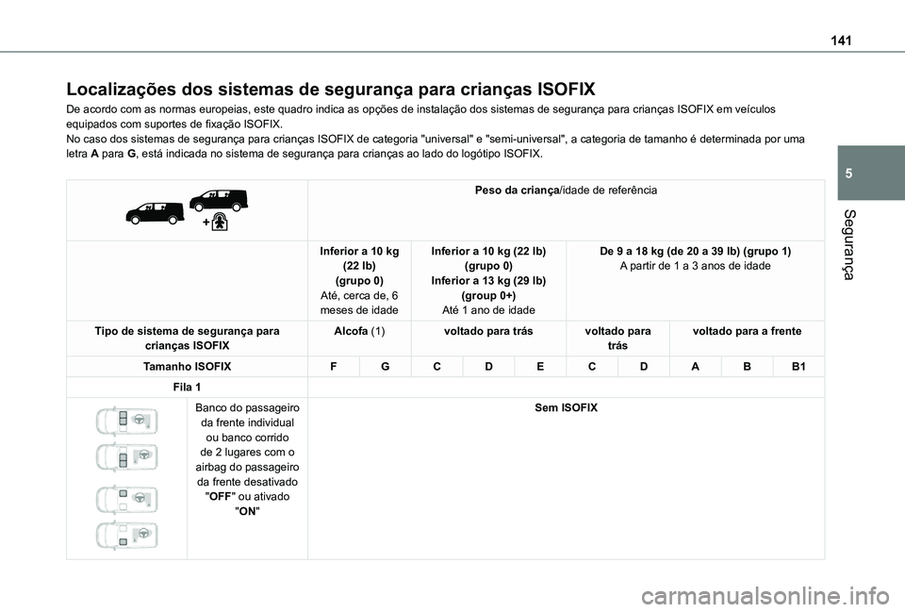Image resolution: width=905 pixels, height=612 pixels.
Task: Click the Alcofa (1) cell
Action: (358, 332)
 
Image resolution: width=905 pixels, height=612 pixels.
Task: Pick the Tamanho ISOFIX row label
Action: (187, 364)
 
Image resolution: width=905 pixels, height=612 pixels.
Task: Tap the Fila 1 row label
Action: (187, 388)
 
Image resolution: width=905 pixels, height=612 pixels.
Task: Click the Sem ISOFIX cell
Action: (566, 407)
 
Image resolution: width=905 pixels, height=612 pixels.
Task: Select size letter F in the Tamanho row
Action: (334, 364)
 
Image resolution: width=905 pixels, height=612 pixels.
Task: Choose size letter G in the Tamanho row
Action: (385, 364)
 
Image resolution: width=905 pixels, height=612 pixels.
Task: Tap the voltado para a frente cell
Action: (747, 332)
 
